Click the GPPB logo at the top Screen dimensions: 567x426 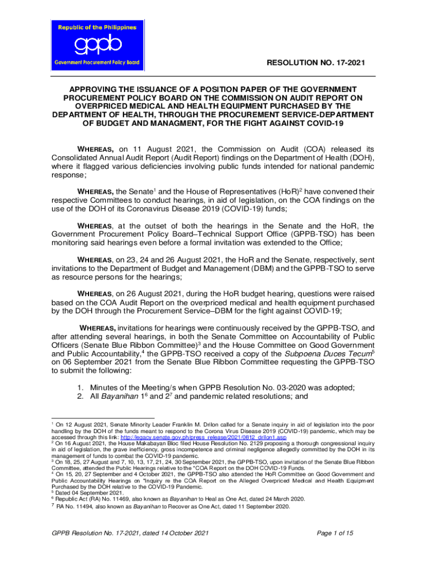click(95, 44)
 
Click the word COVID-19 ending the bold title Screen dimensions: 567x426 click(322, 123)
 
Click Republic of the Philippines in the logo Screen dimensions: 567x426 click(94, 27)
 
